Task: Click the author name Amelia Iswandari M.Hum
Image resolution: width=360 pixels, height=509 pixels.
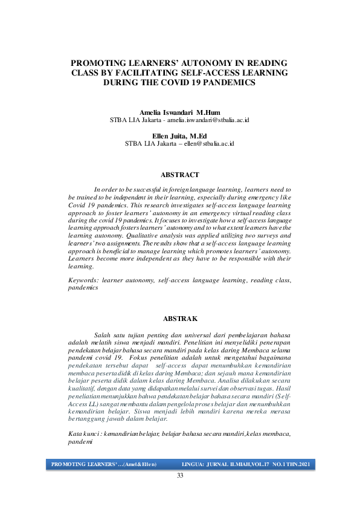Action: pyautogui.click(x=179, y=113)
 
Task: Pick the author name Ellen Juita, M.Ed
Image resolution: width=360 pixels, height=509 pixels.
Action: pyautogui.click(x=179, y=136)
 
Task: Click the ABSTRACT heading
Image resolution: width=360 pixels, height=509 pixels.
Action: pyautogui.click(x=179, y=175)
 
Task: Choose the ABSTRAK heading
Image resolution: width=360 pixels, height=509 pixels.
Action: pyautogui.click(x=179, y=318)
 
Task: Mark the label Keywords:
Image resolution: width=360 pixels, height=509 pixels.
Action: pyautogui.click(x=83, y=281)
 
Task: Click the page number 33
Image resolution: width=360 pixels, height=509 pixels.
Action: pyautogui.click(x=179, y=476)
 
